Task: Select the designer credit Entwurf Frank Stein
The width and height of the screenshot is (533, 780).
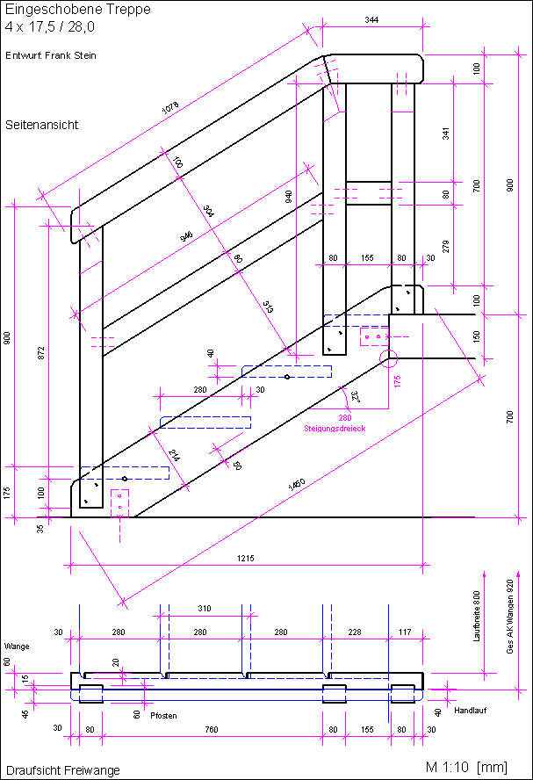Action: (51, 55)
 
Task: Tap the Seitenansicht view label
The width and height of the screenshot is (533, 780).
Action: (41, 125)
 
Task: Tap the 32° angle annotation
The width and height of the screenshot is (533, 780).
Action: (355, 397)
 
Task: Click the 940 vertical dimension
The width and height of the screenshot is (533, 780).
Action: (289, 196)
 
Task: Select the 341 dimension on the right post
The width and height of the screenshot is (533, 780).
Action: (445, 134)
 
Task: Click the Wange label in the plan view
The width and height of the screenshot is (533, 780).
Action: (17, 646)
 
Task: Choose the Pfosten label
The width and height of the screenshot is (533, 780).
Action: (163, 716)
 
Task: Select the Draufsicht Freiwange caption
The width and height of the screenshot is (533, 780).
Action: (62, 770)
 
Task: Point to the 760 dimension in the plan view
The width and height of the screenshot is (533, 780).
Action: (212, 728)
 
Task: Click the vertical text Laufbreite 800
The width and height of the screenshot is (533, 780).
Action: (478, 617)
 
